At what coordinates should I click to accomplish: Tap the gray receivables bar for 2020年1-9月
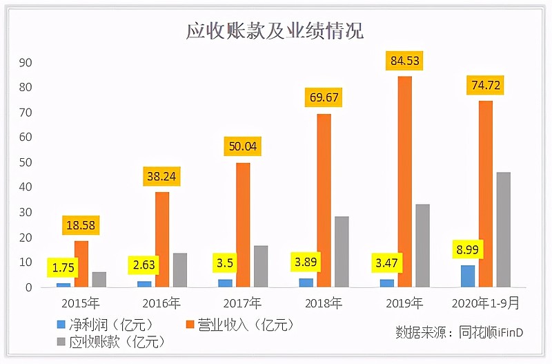click(x=504, y=229)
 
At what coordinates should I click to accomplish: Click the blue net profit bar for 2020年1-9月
click(x=468, y=276)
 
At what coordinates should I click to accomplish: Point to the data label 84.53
click(x=405, y=61)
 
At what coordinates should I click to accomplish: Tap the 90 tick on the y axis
click(x=26, y=62)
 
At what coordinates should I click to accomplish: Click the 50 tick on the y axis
click(x=26, y=162)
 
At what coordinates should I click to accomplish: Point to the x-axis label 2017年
click(x=242, y=303)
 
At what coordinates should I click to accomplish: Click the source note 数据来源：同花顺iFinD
click(x=459, y=332)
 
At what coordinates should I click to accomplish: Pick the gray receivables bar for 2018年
click(x=342, y=251)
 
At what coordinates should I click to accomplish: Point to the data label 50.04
click(x=243, y=146)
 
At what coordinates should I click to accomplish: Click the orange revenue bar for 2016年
click(x=162, y=239)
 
